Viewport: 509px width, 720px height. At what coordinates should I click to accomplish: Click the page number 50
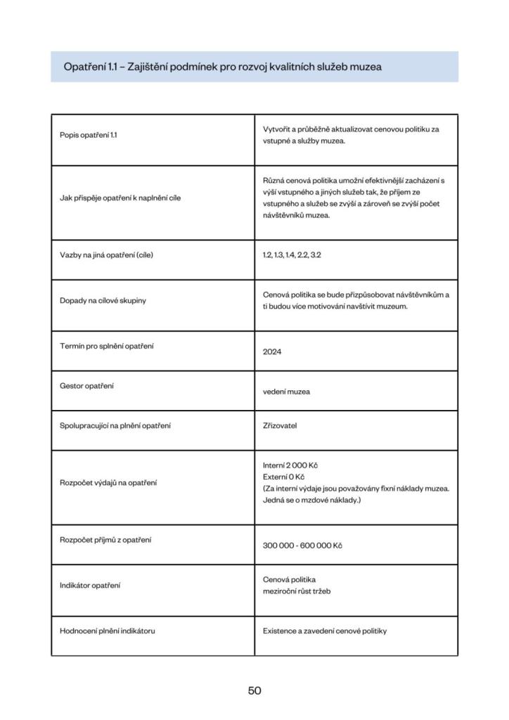click(x=254, y=690)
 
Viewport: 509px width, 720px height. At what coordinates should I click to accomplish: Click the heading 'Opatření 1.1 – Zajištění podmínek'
click(x=222, y=67)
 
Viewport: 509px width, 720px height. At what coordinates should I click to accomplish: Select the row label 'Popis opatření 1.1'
click(x=89, y=135)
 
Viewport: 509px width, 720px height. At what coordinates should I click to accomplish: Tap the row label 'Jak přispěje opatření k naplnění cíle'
click(x=120, y=198)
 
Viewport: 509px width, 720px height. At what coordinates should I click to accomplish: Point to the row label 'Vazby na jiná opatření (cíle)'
click(x=106, y=255)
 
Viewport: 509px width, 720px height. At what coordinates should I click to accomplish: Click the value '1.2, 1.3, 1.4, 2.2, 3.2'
click(x=292, y=255)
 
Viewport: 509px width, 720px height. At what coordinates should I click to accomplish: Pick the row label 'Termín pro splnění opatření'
click(x=107, y=345)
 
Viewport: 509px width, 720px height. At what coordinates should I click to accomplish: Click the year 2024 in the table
click(x=272, y=352)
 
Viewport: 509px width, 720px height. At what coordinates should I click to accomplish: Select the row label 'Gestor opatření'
click(x=86, y=386)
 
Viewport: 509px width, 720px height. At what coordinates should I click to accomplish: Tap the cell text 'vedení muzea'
click(x=286, y=392)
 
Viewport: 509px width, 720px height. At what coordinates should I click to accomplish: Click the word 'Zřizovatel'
click(x=281, y=425)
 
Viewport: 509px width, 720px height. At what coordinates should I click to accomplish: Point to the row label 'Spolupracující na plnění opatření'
click(x=115, y=425)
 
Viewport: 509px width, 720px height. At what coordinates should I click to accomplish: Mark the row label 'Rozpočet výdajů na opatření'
click(x=108, y=482)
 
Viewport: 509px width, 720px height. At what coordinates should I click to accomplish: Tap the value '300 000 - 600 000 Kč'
click(x=302, y=545)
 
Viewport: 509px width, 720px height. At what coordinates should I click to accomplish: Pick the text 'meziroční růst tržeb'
click(x=297, y=591)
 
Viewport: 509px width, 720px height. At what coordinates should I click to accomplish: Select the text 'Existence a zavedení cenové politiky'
click(x=325, y=631)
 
